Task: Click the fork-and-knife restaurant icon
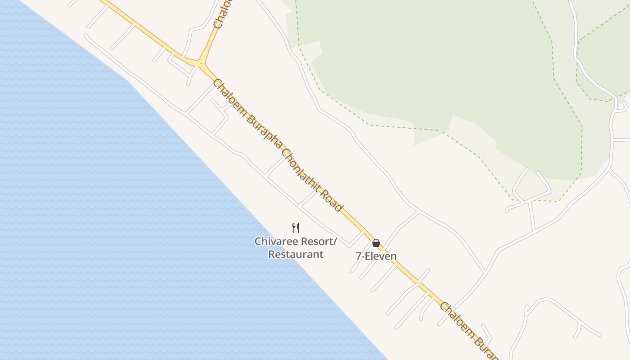tap(296, 228)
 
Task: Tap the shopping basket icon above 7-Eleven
tap(376, 243)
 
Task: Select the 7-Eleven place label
tap(376, 256)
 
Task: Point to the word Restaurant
tap(296, 254)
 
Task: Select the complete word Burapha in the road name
tap(261, 130)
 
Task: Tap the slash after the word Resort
tap(335, 242)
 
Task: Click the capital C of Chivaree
tap(258, 242)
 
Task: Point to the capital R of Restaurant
tap(272, 254)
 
